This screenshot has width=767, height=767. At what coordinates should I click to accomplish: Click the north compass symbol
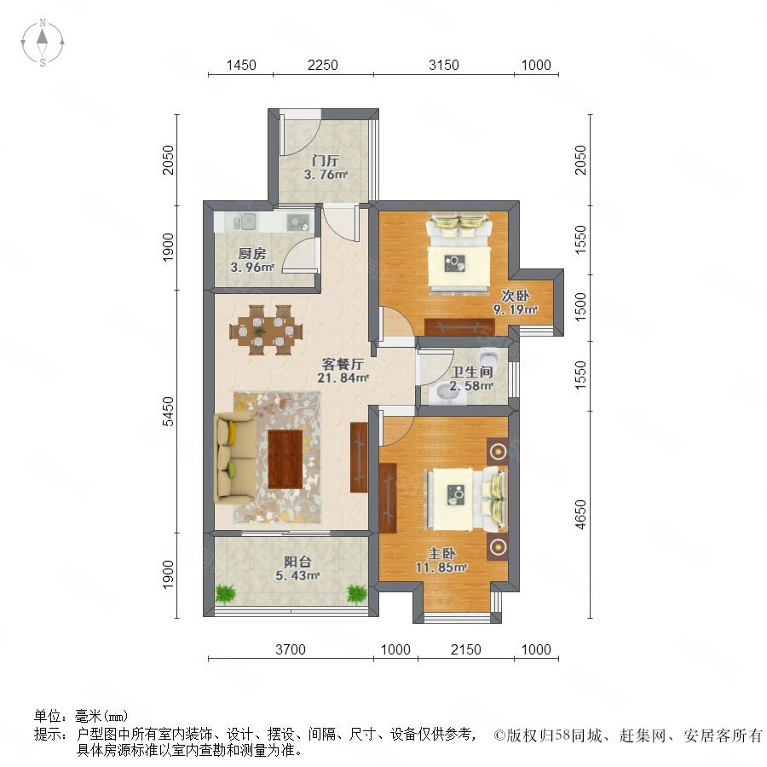(43, 43)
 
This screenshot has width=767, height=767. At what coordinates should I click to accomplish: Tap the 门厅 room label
(326, 160)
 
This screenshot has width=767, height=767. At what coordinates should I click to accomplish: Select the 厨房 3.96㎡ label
(252, 260)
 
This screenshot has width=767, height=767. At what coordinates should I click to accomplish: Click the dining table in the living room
(266, 330)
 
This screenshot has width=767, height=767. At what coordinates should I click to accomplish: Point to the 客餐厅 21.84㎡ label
(343, 371)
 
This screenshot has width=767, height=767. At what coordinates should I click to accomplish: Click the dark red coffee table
(285, 458)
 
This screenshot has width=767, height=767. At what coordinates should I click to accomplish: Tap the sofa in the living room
(235, 458)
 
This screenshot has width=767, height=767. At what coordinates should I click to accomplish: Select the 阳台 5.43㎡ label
(297, 569)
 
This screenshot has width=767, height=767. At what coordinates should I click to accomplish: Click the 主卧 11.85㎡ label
(441, 561)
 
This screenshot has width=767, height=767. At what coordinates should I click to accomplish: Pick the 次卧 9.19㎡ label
(515, 303)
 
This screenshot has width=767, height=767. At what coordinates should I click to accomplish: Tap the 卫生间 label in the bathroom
(471, 372)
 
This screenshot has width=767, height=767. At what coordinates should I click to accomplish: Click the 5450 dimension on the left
(168, 411)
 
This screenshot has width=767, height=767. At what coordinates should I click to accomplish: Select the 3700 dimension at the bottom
(290, 649)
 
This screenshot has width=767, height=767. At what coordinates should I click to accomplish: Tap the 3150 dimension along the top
(444, 65)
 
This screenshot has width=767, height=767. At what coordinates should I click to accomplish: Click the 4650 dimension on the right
(580, 514)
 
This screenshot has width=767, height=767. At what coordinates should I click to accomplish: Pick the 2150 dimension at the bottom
(465, 649)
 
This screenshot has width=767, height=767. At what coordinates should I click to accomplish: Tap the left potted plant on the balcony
(225, 594)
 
